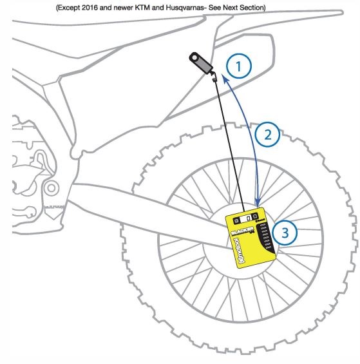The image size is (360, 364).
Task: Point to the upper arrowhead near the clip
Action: [223, 79]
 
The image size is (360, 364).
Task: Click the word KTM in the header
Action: [164, 7]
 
